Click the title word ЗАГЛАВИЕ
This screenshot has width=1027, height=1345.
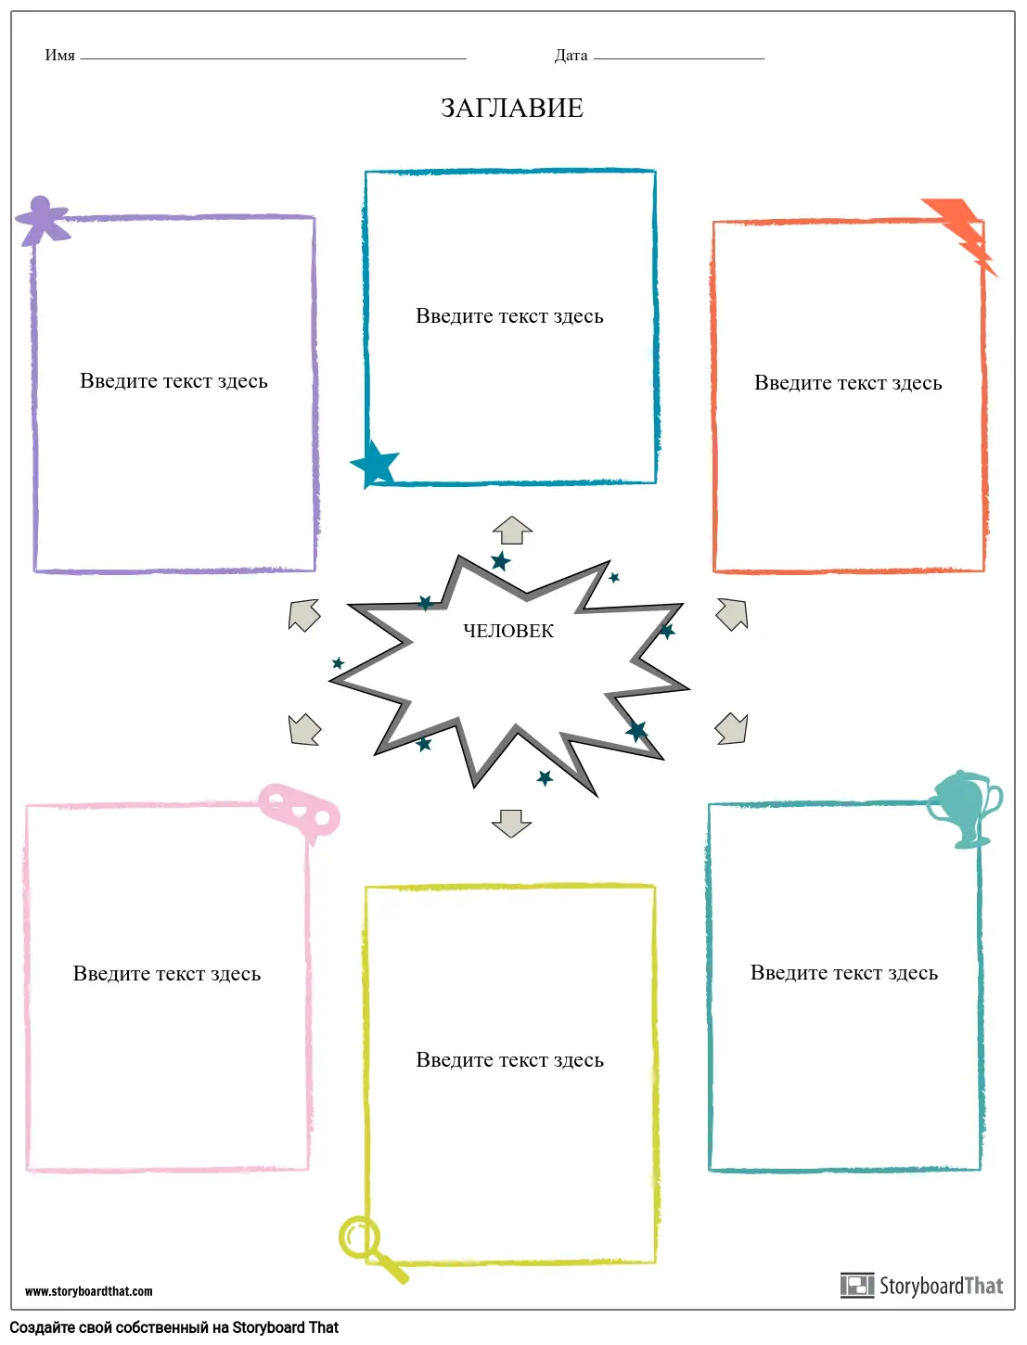click(x=512, y=108)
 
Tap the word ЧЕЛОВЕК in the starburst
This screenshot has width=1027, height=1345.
click(x=508, y=631)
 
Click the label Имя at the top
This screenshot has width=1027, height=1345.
click(x=59, y=56)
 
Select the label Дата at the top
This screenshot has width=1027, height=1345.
click(x=571, y=56)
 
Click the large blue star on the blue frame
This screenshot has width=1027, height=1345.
click(x=375, y=463)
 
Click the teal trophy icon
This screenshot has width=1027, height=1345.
click(x=964, y=807)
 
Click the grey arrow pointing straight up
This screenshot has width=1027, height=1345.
click(x=512, y=532)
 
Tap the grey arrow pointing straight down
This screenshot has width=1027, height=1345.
click(x=511, y=822)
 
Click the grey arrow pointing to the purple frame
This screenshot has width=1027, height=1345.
click(x=304, y=615)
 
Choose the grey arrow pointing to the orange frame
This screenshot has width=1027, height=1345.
click(x=732, y=614)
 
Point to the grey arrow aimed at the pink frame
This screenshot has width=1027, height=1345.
click(x=304, y=729)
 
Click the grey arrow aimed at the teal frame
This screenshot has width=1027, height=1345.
click(x=732, y=728)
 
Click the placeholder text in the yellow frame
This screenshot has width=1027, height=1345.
click(x=509, y=1060)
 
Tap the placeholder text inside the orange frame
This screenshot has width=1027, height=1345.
click(x=848, y=383)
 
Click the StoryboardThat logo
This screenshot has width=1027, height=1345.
click(x=922, y=1286)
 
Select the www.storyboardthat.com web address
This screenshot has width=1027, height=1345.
click(x=89, y=1291)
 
